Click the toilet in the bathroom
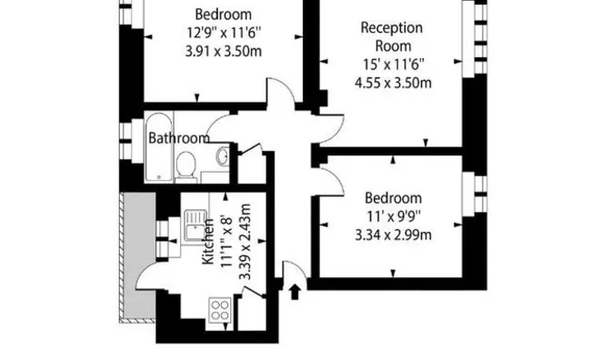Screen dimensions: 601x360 click(185, 167)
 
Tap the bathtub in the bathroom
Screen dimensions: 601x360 click(159, 147)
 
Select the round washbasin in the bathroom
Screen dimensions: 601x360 click(223, 155)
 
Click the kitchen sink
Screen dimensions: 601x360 click(195, 225)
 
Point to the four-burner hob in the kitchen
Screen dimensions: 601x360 click(220, 310)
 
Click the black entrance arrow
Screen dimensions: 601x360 click(295, 292)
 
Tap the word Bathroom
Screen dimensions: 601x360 click(179, 138)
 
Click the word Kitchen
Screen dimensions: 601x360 click(207, 242)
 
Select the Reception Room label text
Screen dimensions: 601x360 click(392, 36)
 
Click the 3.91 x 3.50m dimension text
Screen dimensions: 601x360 click(224, 51)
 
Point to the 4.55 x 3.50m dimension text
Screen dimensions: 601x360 click(394, 83)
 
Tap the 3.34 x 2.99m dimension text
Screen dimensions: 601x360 click(394, 235)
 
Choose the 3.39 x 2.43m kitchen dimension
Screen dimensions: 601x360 click(245, 242)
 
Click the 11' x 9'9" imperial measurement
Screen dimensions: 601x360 click(394, 216)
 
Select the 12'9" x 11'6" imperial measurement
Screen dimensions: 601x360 click(224, 33)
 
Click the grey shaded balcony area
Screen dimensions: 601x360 click(139, 255)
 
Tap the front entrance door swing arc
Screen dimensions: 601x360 click(298, 265)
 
